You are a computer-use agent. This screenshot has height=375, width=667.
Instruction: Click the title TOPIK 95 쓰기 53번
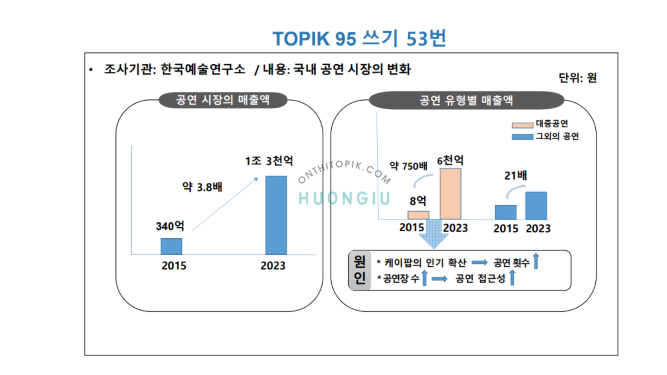tap(359, 39)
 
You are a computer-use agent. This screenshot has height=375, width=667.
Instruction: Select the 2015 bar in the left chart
tap(171, 246)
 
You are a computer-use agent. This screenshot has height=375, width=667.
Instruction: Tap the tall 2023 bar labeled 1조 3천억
tap(276, 215)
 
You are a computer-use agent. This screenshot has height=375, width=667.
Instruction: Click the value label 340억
tap(170, 226)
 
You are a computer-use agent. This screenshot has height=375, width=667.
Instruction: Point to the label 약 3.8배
tap(202, 187)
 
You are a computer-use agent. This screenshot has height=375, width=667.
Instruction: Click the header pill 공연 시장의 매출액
tap(223, 100)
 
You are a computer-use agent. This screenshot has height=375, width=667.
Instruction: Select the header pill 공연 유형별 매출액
tap(466, 101)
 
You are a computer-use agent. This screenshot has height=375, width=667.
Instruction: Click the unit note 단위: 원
tap(577, 78)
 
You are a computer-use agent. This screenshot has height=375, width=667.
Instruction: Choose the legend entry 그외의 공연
tap(545, 136)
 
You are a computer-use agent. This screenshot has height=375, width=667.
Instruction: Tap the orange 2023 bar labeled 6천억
tap(450, 194)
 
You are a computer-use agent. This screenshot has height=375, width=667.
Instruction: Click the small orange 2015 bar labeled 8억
tap(418, 215)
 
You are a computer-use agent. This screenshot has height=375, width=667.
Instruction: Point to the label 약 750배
tap(408, 166)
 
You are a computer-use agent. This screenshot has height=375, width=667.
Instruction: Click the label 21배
tap(515, 175)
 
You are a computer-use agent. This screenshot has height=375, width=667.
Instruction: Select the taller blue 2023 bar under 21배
tap(536, 206)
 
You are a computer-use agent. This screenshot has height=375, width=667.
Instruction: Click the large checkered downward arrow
tap(433, 234)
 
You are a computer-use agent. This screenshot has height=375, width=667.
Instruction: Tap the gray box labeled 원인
tap(360, 270)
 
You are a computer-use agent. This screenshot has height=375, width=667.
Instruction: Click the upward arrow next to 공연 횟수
tap(536, 261)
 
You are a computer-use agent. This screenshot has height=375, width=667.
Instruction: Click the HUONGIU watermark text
tap(344, 198)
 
